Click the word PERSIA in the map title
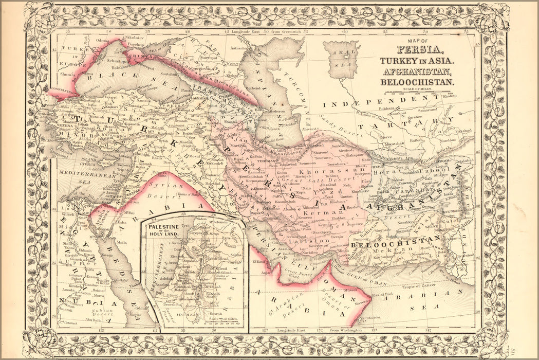point(419,50)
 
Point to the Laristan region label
point(309,240)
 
